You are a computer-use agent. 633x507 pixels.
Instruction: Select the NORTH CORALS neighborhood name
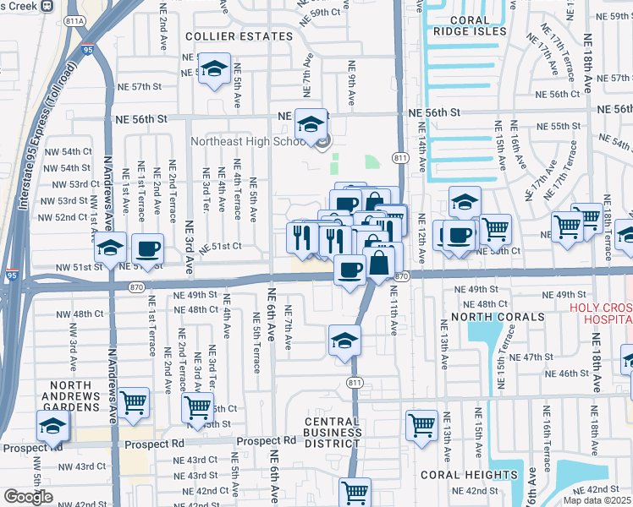point(498,317)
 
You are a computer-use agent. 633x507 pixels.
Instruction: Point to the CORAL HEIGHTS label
point(469,475)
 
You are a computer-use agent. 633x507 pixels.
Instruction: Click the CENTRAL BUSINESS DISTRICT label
point(333,433)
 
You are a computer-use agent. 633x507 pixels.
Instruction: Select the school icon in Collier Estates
point(214,68)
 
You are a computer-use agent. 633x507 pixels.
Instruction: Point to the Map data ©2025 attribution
point(597,500)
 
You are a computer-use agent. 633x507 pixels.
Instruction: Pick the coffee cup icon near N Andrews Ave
point(147,248)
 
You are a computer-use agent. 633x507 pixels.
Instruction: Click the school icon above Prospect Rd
point(52,427)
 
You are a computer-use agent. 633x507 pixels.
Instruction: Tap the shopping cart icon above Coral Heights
point(421,425)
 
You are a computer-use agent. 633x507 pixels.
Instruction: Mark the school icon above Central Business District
point(343,341)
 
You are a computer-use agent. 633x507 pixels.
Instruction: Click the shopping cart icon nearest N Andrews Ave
point(133,402)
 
